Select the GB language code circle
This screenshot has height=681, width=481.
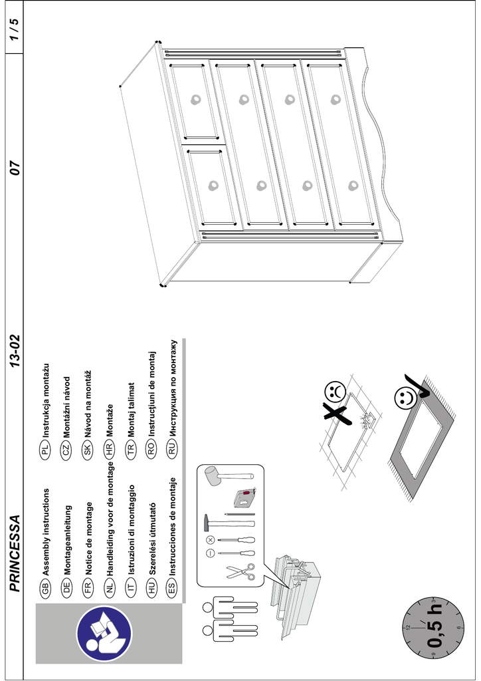click(45, 587)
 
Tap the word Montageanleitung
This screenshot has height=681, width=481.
click(66, 541)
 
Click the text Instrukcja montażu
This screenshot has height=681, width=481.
click(45, 405)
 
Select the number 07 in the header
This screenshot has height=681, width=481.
click(15, 168)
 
